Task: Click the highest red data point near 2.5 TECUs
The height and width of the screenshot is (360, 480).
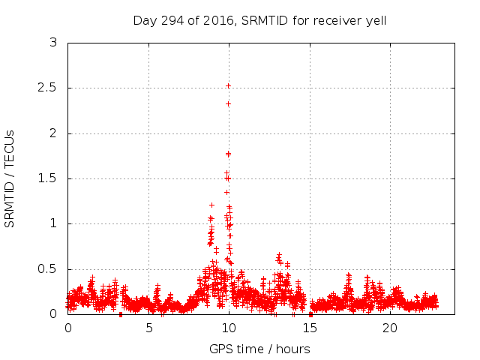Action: tap(228, 85)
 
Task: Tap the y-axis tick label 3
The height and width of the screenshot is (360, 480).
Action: tap(53, 43)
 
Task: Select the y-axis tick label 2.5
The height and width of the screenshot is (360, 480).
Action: tap(49, 88)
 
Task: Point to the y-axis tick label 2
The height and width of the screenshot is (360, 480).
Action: tap(53, 133)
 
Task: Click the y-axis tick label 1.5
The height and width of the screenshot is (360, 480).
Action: tap(49, 178)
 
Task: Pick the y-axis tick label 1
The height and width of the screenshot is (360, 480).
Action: tap(53, 223)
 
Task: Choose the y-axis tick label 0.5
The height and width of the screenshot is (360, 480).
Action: tap(49, 269)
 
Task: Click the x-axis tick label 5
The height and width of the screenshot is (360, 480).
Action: tap(148, 328)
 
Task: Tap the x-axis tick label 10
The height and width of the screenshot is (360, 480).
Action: tap(229, 328)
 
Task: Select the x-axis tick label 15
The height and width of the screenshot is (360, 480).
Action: tap(310, 328)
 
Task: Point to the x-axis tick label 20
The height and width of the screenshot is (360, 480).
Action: tap(390, 328)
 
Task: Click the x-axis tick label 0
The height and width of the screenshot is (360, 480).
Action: tap(68, 328)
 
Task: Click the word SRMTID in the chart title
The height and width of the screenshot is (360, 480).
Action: tap(265, 20)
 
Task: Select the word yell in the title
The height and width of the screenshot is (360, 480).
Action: tap(374, 20)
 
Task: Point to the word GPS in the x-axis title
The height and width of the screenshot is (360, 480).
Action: tap(220, 349)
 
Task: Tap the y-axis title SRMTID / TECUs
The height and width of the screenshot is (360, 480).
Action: tap(10, 178)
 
